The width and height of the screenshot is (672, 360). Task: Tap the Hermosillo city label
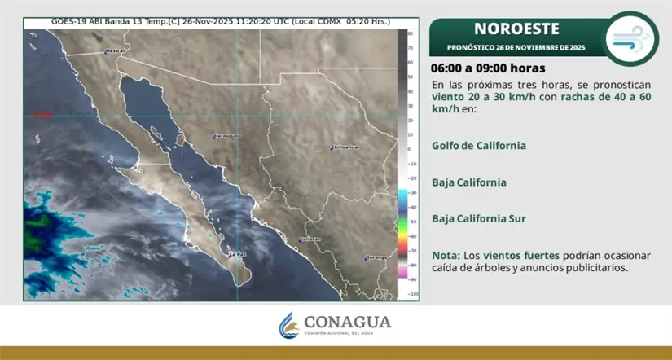click(x=227, y=135)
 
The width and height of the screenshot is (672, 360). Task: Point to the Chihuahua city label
click(x=345, y=147)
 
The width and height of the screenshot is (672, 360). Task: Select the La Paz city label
click(x=237, y=253)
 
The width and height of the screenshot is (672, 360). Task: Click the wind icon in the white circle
click(x=632, y=37)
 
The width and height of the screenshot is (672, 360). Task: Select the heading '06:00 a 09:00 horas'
click(x=489, y=68)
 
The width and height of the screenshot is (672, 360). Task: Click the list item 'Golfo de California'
click(x=479, y=145)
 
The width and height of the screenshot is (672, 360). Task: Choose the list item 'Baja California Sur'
click(x=480, y=218)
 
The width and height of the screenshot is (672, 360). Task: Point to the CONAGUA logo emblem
click(x=290, y=325)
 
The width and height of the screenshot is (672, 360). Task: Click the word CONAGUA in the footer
click(x=348, y=320)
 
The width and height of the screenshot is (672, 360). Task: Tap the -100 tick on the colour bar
click(x=413, y=294)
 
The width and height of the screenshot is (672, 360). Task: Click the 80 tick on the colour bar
click(x=412, y=33)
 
